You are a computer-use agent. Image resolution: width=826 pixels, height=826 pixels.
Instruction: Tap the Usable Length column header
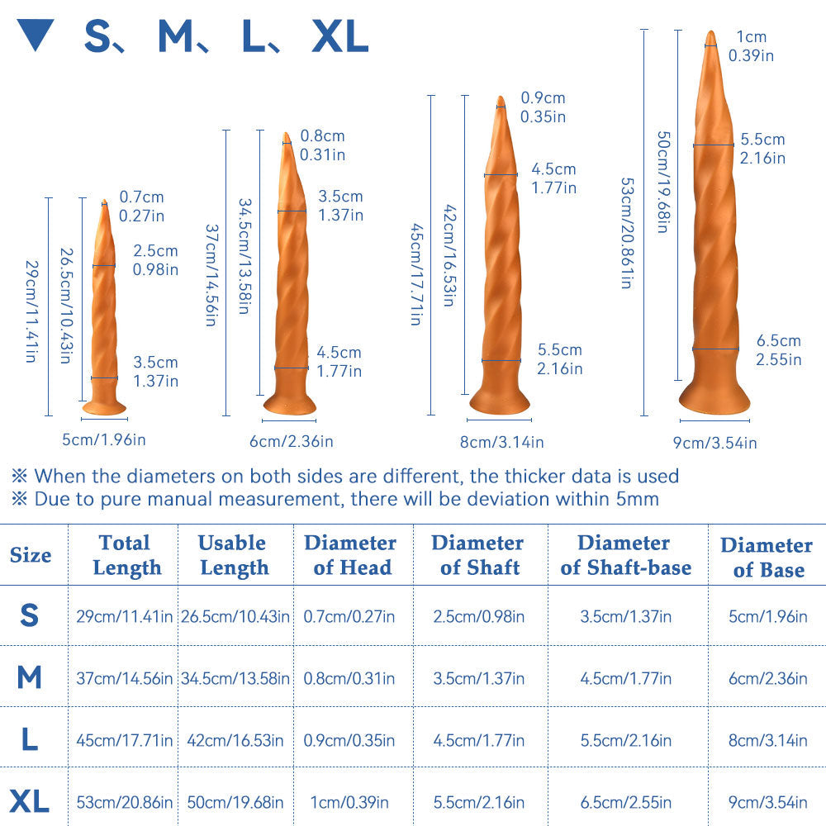(234, 555)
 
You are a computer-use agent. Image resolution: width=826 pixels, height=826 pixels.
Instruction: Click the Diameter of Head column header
(350, 555)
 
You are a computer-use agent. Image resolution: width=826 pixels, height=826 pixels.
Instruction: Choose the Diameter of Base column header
(767, 557)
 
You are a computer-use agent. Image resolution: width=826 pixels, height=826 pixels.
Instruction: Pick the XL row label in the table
(30, 800)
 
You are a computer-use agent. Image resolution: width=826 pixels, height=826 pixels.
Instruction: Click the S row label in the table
(30, 615)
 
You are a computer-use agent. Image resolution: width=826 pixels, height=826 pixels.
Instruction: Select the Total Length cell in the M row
(125, 678)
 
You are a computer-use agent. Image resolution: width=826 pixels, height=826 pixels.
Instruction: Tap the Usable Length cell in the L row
(235, 740)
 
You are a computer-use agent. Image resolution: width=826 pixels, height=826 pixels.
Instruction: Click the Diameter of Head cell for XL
(350, 801)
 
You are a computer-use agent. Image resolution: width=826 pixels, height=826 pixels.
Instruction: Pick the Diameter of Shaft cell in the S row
(478, 616)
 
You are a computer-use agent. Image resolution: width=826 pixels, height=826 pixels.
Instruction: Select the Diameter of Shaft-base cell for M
(625, 678)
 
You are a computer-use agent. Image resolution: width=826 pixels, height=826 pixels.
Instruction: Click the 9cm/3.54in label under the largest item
(714, 444)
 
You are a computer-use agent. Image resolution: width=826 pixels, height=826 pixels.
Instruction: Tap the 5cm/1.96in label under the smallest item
(104, 439)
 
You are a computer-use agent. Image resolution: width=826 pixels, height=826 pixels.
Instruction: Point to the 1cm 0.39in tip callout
(751, 46)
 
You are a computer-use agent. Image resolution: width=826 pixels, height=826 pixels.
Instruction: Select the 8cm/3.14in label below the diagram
(501, 442)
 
